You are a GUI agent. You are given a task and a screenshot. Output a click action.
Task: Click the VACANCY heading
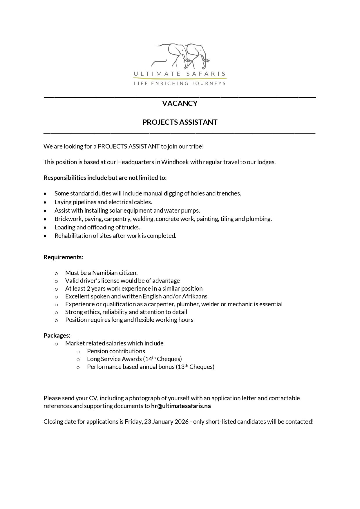tap(180, 103)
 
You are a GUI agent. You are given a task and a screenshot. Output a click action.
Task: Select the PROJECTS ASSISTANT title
tap(180, 122)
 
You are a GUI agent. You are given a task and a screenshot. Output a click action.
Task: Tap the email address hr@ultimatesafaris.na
tap(181, 406)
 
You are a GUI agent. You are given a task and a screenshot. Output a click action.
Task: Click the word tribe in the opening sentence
tap(196, 146)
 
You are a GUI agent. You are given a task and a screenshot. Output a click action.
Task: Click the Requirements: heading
tap(63, 257)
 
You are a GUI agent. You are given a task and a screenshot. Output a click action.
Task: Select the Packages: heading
tap(57, 335)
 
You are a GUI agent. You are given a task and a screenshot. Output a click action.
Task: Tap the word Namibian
tap(105, 273)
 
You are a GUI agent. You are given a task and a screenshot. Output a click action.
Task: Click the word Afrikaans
tap(195, 296)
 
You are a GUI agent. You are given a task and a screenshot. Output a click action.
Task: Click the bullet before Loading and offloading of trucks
tap(45, 227)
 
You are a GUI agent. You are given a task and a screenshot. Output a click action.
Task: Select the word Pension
tap(97, 351)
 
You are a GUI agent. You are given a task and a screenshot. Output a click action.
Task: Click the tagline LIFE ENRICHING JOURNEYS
tap(180, 84)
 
